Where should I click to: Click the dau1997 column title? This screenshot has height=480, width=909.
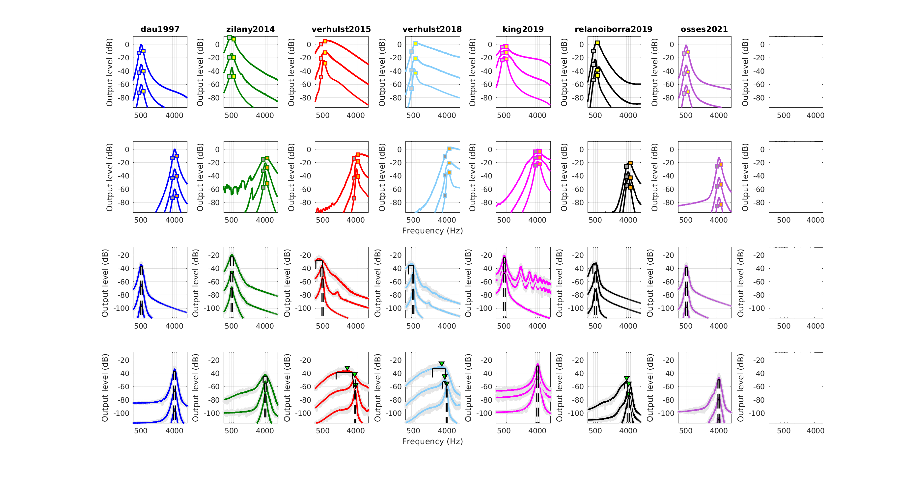[160, 29]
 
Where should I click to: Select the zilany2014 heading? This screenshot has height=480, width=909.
[250, 29]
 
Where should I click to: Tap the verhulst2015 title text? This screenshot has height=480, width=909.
[341, 29]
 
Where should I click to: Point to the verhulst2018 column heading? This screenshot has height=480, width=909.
[432, 29]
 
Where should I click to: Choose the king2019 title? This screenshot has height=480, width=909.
[523, 29]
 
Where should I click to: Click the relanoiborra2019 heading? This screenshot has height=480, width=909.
[613, 29]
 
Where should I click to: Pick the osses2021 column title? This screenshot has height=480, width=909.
[704, 29]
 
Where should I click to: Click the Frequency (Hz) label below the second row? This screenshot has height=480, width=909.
[432, 231]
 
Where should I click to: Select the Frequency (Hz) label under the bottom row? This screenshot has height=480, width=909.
[432, 441]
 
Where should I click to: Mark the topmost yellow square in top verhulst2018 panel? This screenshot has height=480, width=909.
[416, 43]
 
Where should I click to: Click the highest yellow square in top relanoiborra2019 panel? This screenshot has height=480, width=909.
[597, 43]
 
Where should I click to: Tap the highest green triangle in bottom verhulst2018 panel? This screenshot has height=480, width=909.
[441, 363]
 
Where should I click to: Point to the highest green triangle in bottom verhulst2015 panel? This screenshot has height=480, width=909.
[347, 368]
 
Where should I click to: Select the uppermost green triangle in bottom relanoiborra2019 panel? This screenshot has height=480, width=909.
[626, 378]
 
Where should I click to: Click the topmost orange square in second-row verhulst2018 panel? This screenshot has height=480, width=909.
[449, 149]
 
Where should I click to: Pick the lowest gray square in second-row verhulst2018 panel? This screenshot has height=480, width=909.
[445, 195]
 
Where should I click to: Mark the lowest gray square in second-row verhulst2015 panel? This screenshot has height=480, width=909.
[354, 198]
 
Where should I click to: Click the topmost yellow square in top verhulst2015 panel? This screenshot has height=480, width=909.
[325, 41]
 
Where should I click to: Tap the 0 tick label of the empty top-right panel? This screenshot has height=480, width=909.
[762, 44]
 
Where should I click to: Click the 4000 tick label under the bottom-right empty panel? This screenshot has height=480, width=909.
[815, 431]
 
